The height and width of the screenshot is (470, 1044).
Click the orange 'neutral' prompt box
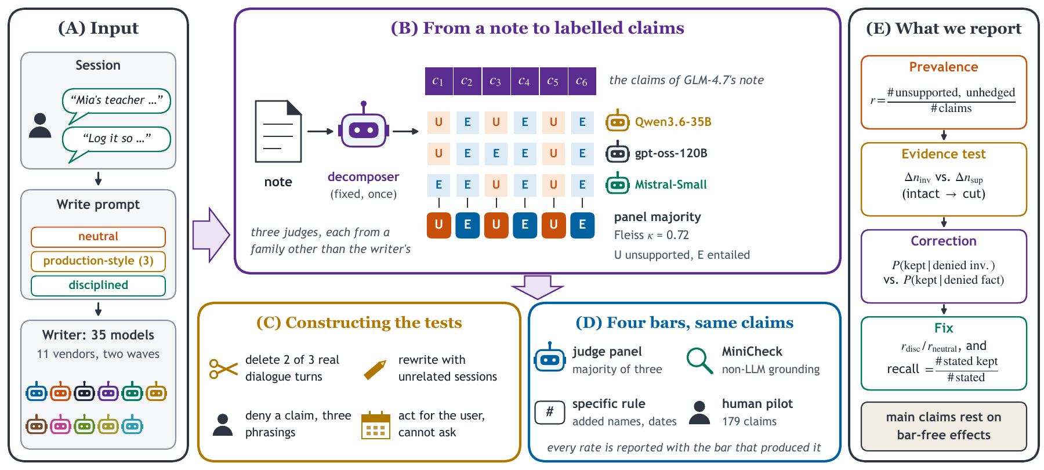pyautogui.click(x=98, y=237)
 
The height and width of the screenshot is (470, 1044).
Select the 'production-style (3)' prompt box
pyautogui.click(x=98, y=261)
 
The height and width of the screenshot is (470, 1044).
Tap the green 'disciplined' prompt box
pyautogui.click(x=98, y=285)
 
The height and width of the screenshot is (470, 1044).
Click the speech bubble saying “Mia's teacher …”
pyautogui.click(x=116, y=102)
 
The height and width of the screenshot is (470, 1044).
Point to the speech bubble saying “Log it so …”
pyautogui.click(x=116, y=140)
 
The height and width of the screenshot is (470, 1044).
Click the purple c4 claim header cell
pyautogui.click(x=524, y=81)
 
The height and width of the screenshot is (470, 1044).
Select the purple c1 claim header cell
pyautogui.click(x=438, y=81)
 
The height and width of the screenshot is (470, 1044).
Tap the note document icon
pyautogui.click(x=278, y=132)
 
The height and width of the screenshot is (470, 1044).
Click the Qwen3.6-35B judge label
pyautogui.click(x=673, y=122)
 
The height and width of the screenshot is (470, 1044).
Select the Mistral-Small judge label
pyautogui.click(x=670, y=185)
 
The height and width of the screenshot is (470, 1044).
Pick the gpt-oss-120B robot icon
pyautogui.click(x=618, y=152)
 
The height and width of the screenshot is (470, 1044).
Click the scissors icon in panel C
pyautogui.click(x=224, y=368)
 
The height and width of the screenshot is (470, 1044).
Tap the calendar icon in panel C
pyautogui.click(x=376, y=425)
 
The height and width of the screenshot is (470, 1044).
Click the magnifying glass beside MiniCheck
pyautogui.click(x=699, y=360)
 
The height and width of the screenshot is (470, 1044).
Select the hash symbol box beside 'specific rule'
pyautogui.click(x=550, y=412)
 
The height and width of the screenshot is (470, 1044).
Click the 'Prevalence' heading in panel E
pyautogui.click(x=944, y=67)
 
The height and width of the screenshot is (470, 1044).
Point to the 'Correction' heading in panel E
pyautogui.click(x=944, y=241)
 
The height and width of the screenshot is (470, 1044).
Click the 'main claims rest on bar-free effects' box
pyautogui.click(x=944, y=426)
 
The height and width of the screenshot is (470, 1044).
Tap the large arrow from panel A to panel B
pyautogui.click(x=211, y=235)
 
